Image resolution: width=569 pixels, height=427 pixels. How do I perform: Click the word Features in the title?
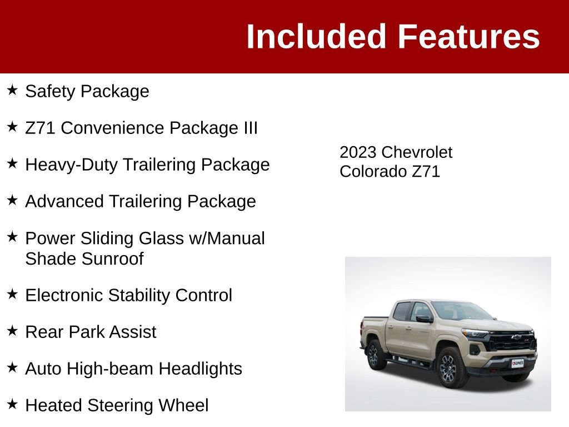click(468, 37)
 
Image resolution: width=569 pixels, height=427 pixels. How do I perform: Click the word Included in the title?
click(316, 37)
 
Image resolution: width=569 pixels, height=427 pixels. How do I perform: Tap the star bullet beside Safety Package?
click(12, 90)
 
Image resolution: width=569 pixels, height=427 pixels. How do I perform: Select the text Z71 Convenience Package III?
click(141, 128)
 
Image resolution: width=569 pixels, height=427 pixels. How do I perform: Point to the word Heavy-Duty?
click(71, 165)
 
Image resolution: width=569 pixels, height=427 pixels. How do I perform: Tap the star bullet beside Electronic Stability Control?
click(12, 294)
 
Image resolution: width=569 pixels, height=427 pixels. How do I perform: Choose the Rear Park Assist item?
click(91, 332)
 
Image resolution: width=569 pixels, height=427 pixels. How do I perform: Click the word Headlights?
click(200, 369)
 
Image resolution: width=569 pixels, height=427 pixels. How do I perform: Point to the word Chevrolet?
click(417, 152)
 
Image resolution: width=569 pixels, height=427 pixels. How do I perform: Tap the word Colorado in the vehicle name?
click(373, 171)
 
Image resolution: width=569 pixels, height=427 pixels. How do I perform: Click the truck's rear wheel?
click(376, 354)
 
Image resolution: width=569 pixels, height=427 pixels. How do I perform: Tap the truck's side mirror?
click(423, 319)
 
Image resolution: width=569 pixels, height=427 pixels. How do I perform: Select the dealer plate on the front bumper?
click(517, 363)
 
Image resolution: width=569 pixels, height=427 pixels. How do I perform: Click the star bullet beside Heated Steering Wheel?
click(12, 404)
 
